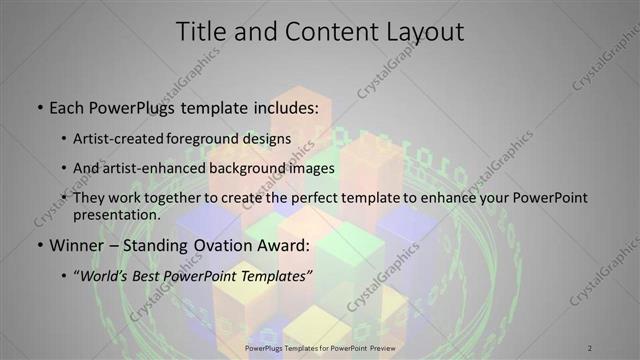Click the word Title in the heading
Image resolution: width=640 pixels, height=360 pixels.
[201, 32]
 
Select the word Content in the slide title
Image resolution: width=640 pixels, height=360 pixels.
[317, 32]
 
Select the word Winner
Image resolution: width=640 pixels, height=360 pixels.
[77, 245]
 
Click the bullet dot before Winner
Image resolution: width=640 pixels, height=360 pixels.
[38, 245]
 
